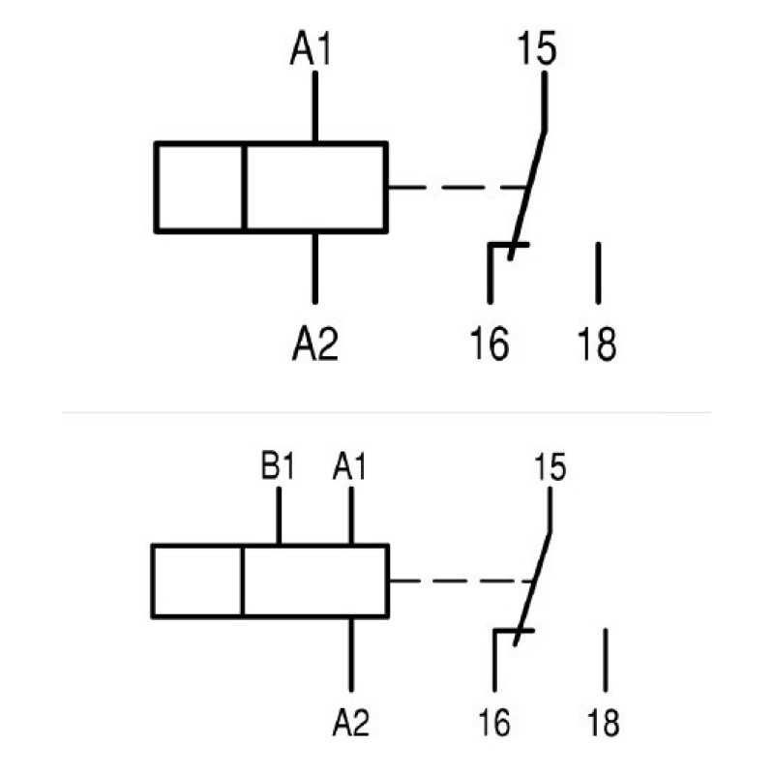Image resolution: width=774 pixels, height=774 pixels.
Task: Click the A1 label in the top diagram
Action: click(x=311, y=47)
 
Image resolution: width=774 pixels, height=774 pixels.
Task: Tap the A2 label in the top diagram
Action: click(x=315, y=343)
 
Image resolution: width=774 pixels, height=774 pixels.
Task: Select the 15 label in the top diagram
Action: click(x=537, y=47)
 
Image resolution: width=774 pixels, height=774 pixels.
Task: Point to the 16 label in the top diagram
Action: click(x=490, y=343)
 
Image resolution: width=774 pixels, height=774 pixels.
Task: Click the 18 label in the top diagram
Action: click(x=597, y=343)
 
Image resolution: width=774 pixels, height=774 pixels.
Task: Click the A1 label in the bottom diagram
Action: click(x=349, y=466)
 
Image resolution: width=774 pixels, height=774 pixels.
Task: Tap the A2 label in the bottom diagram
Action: click(x=351, y=723)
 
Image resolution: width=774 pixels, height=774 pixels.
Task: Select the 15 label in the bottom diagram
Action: click(x=550, y=466)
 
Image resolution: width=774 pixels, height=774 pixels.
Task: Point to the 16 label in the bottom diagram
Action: click(x=494, y=723)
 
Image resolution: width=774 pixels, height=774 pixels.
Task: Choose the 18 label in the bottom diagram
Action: click(x=603, y=723)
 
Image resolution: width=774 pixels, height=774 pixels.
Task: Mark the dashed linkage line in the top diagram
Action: click(x=457, y=188)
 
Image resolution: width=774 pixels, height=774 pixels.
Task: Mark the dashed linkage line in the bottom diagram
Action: click(x=462, y=581)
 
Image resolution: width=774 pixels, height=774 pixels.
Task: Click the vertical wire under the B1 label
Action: click(x=279, y=516)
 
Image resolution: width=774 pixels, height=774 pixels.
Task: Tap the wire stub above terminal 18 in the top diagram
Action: click(x=598, y=273)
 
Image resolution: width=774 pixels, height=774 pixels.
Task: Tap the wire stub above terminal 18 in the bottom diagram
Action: click(x=606, y=660)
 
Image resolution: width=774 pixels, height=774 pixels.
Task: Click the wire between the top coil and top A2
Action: click(x=315, y=268)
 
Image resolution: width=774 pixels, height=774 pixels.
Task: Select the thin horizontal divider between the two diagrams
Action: click(x=386, y=412)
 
